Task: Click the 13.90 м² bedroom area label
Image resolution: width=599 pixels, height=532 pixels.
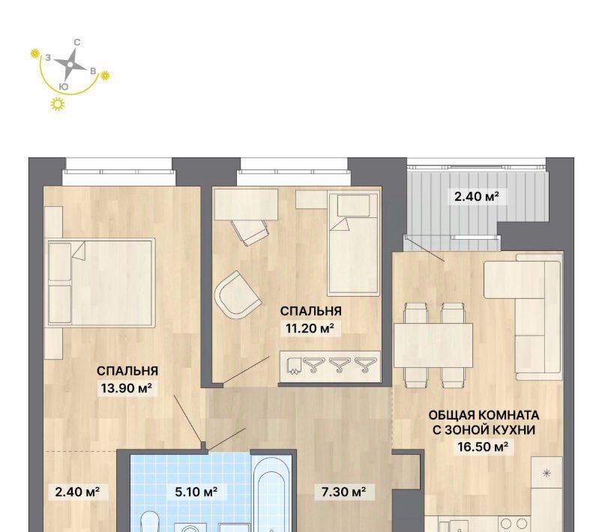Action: click(x=127, y=388)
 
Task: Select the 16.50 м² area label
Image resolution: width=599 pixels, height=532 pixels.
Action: click(x=483, y=447)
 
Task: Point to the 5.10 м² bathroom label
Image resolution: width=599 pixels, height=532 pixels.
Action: click(x=196, y=492)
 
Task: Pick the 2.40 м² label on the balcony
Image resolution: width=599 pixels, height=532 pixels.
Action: click(x=476, y=196)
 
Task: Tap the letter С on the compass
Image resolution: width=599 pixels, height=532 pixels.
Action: click(x=77, y=43)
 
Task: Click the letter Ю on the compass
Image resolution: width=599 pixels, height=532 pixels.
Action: click(x=64, y=87)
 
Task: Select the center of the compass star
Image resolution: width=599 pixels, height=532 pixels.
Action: click(x=70, y=65)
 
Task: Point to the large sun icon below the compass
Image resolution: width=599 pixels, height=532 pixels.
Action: click(x=58, y=104)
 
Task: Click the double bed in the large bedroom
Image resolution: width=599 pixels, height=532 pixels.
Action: click(x=101, y=282)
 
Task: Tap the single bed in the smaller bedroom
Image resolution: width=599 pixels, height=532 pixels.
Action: click(x=353, y=244)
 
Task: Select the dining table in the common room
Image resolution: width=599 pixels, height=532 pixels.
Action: click(x=433, y=345)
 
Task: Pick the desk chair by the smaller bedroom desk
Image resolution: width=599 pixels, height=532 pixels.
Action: click(x=250, y=232)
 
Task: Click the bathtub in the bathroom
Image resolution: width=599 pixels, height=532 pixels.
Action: click(x=271, y=494)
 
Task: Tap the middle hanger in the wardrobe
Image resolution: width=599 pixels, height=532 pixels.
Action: click(x=340, y=364)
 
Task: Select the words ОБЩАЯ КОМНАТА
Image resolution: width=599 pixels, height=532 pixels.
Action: click(x=484, y=415)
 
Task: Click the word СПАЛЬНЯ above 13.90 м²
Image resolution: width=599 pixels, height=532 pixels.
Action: click(x=127, y=371)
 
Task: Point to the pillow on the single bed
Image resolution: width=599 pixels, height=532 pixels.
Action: click(x=353, y=205)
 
